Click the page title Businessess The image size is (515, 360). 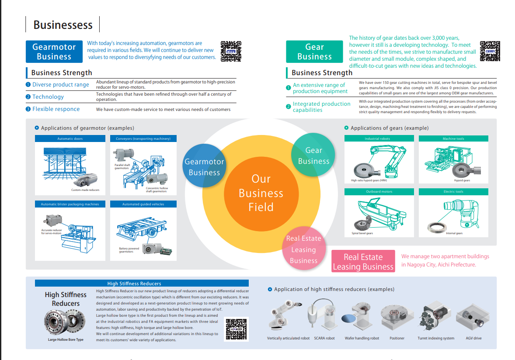tap(63, 25)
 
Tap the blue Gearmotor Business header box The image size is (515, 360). tap(54, 52)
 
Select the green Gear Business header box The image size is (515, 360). tap(314, 52)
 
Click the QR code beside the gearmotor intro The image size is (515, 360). tap(231, 51)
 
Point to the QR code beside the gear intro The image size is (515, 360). tap(490, 51)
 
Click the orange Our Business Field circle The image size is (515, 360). tap(261, 193)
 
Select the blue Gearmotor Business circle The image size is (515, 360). tap(204, 166)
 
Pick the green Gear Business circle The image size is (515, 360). tap(313, 156)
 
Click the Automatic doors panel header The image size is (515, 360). tap(70, 138)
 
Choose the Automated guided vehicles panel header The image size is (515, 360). tap(143, 204)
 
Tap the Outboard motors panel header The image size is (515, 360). tap(379, 192)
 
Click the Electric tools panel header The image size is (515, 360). tap(453, 192)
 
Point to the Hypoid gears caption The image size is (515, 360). tap(462, 180)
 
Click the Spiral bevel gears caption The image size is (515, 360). tap(362, 233)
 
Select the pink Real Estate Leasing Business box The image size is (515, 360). tap(363, 261)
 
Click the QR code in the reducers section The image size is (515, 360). tap(236, 329)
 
